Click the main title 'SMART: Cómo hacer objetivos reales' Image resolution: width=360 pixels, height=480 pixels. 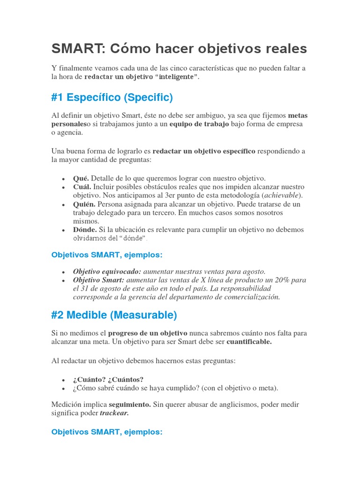(179, 48)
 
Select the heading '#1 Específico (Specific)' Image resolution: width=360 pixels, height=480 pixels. (112, 97)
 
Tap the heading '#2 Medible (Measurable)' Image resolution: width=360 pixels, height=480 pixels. (114, 315)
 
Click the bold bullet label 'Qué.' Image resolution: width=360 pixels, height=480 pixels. (81, 178)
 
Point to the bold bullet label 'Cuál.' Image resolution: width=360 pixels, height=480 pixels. (82, 187)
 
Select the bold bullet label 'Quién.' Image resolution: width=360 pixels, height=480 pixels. (84, 204)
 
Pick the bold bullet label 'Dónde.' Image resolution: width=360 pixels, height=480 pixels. (85, 230)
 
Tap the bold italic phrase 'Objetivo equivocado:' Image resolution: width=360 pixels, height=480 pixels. (107, 271)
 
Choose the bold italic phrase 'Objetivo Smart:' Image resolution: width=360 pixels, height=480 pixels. (98, 280)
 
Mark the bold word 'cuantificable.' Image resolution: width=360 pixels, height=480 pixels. (249, 342)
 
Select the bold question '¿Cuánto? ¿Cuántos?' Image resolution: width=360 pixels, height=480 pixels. (108, 379)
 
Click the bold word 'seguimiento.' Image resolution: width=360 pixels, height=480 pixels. (130, 404)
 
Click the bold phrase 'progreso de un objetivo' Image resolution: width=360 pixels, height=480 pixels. (148, 333)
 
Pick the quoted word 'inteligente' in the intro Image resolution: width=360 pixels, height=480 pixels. (176, 77)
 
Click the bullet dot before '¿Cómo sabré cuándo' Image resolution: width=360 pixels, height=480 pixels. (63, 389)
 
